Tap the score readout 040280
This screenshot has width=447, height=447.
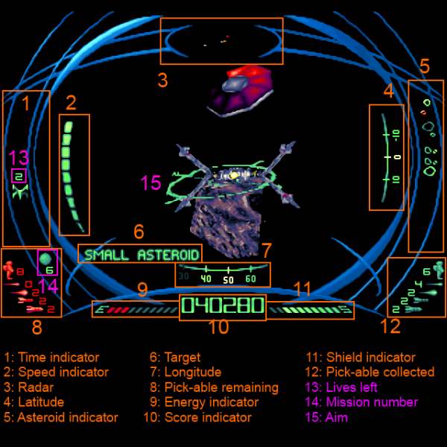click(223, 306)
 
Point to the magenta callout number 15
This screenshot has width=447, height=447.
click(150, 183)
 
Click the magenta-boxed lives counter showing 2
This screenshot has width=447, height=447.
click(19, 177)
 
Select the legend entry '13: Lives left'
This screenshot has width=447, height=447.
click(342, 387)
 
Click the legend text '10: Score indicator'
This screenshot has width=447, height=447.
click(200, 417)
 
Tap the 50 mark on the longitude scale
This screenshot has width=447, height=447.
click(228, 279)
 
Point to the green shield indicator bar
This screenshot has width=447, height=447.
click(305, 308)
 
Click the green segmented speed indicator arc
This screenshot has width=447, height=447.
click(70, 171)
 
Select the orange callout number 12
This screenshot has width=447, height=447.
click(390, 326)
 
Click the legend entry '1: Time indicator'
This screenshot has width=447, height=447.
click(51, 358)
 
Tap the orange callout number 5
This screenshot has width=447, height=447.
click(424, 66)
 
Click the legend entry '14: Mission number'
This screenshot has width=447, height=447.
click(362, 402)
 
